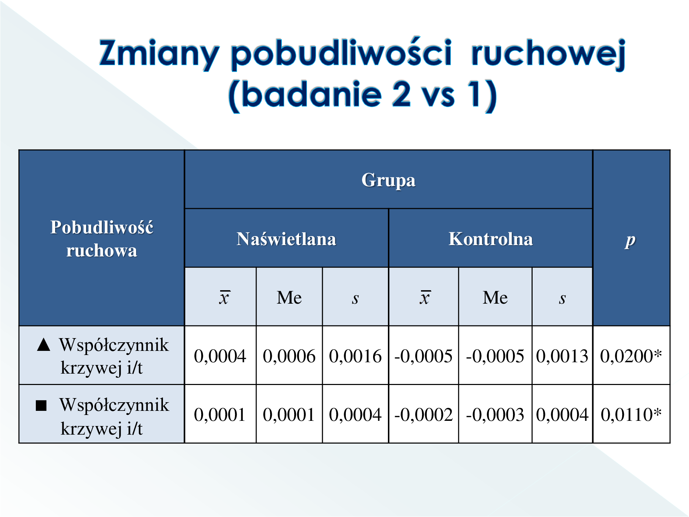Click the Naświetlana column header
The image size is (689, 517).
click(286, 239)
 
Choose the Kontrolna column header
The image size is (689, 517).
click(491, 239)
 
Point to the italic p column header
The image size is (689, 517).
click(630, 241)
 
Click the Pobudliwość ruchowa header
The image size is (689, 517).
click(102, 239)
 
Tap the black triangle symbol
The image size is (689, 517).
click(44, 344)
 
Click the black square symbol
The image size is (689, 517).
click(41, 406)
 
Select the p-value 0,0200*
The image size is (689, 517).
click(631, 356)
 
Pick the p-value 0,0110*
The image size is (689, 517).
click(631, 414)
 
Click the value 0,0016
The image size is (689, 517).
click(356, 356)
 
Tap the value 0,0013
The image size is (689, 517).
click(562, 356)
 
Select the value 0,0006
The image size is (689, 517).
click(289, 356)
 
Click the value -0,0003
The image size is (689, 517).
click(495, 415)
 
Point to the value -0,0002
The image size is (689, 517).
click(423, 415)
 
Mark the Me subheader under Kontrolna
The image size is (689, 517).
click(495, 297)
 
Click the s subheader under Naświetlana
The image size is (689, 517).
click(356, 299)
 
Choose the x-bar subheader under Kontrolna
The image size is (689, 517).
click(425, 297)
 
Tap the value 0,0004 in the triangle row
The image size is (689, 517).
click(220, 356)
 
